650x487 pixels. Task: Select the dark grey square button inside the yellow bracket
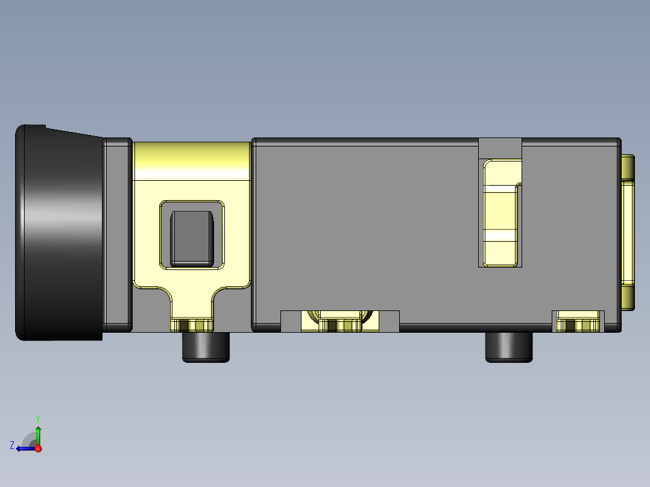click(192, 238)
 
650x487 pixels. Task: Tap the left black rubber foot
click(206, 347)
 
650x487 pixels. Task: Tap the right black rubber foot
click(509, 347)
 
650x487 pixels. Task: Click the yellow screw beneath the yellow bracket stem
click(192, 325)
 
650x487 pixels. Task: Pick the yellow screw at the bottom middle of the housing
click(339, 325)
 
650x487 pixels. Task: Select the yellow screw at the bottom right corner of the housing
click(579, 325)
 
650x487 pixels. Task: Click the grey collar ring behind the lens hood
click(117, 235)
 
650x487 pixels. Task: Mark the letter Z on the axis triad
click(12, 445)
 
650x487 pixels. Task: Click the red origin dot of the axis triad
click(38, 448)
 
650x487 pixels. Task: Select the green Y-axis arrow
click(38, 434)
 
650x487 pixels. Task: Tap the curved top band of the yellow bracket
click(192, 160)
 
